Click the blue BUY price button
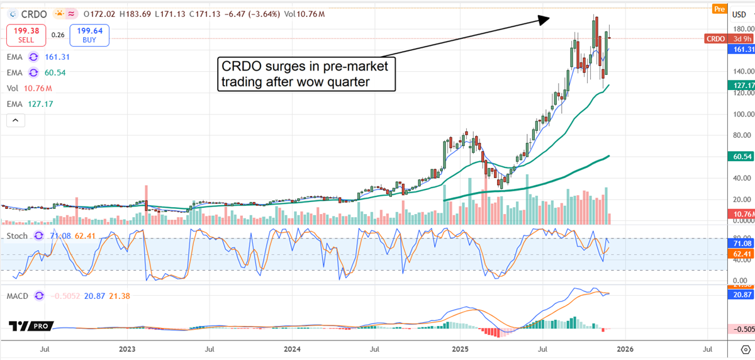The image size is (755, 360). click(90, 35)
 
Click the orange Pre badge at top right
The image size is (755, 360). click(719, 8)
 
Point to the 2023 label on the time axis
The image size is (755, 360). click(127, 348)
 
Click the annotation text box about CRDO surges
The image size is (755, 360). click(306, 74)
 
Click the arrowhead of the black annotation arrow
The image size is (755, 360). click(545, 20)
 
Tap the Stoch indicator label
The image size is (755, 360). click(18, 235)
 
